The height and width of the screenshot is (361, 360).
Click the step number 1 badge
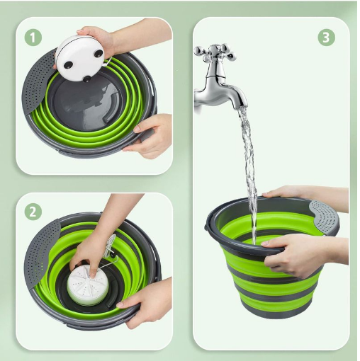click(x=33, y=38)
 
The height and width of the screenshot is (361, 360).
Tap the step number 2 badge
click(x=33, y=212)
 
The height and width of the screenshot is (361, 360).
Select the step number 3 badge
click(x=326, y=37)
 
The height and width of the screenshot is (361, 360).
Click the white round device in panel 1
click(x=80, y=57)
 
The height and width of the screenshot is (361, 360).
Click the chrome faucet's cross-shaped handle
click(x=215, y=53)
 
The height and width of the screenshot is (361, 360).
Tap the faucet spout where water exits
click(x=242, y=105)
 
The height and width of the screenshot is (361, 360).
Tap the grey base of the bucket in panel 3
click(x=278, y=311)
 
